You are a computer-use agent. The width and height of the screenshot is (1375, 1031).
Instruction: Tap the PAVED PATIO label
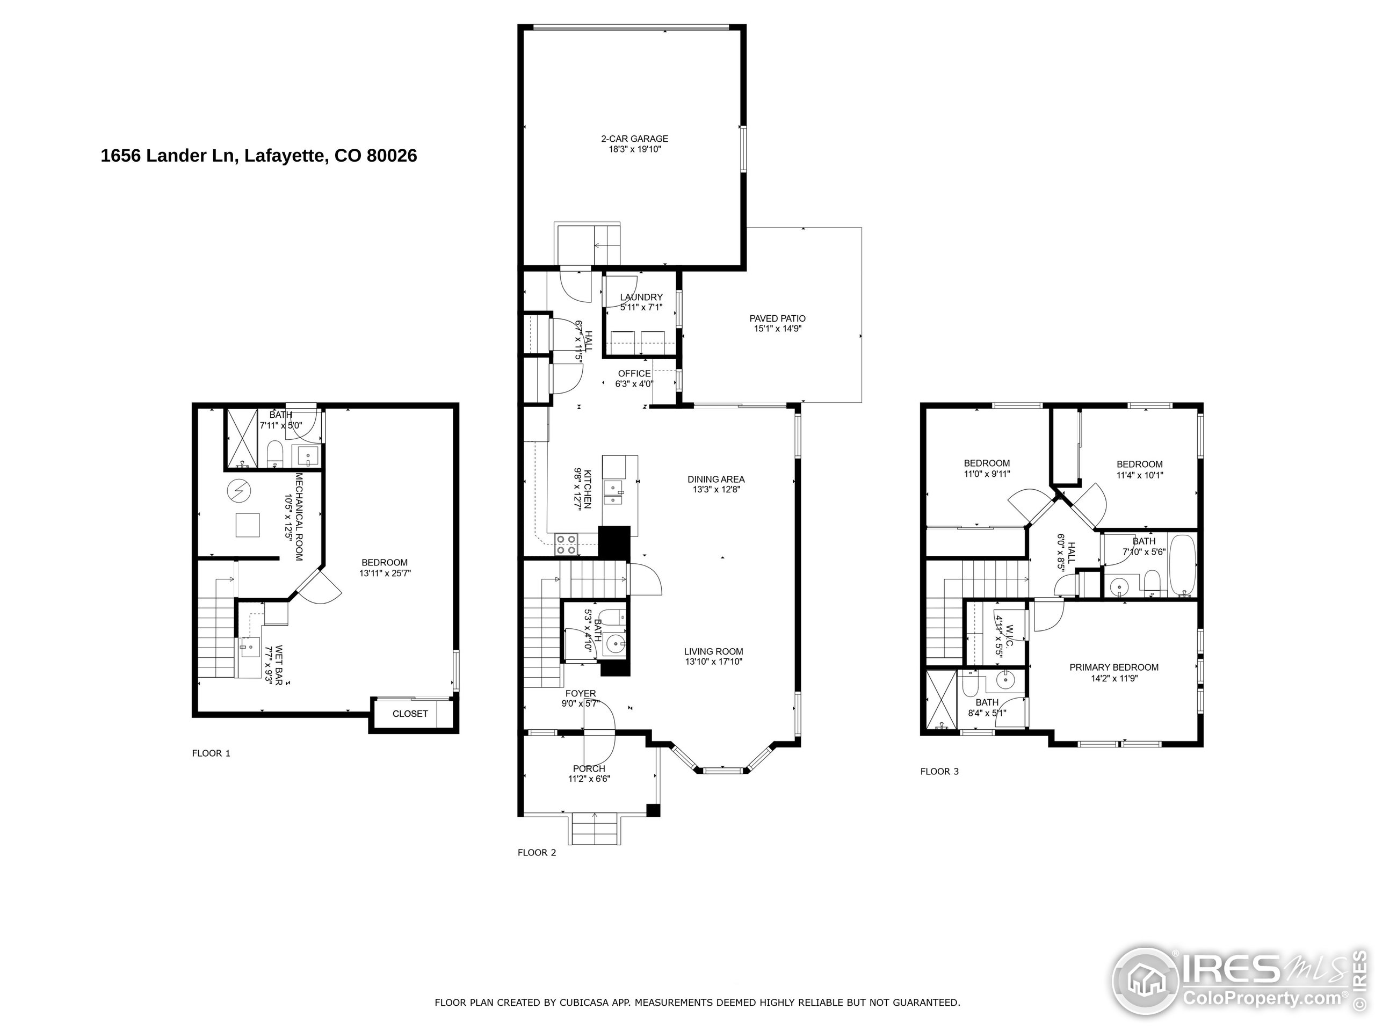777,318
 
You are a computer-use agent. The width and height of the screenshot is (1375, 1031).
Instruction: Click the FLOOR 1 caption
211,753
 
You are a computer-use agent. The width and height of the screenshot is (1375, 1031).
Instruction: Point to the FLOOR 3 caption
939,771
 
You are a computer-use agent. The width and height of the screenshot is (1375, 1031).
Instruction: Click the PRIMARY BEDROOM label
1113,667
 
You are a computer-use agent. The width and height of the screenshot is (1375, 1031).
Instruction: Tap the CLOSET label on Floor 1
410,714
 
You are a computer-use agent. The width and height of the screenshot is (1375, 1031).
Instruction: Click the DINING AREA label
715,479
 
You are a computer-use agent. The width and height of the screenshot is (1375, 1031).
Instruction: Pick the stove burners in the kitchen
566,544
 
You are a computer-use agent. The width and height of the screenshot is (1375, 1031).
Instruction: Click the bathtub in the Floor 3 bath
1182,564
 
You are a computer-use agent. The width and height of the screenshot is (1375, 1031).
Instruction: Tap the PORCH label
589,769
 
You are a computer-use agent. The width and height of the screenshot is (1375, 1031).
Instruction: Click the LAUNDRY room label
641,297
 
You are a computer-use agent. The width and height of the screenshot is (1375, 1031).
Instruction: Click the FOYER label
580,694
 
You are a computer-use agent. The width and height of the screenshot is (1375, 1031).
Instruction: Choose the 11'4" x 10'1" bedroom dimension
1139,475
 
